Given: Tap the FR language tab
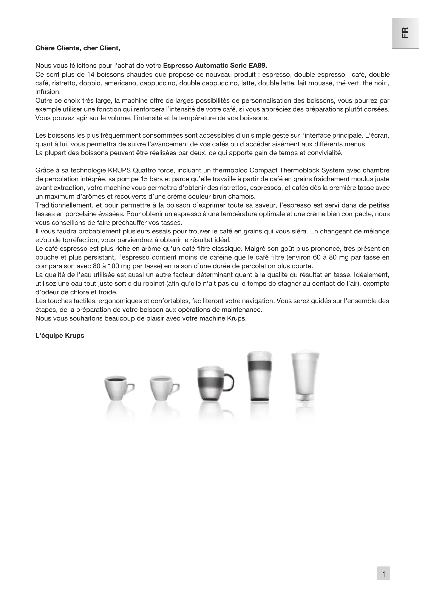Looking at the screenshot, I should pos(405,33).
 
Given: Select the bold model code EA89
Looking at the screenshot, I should pos(258,66).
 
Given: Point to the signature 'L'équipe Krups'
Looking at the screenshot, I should pos(60,336).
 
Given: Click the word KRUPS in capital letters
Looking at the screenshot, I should pos(119,170).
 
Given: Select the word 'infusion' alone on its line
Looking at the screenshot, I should pos(48,92).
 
